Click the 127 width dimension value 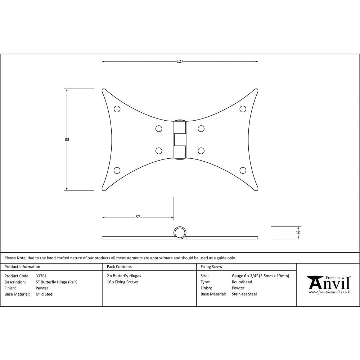point(180,62)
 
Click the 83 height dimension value point(67,139)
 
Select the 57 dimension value point(138,217)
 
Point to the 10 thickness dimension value point(298,233)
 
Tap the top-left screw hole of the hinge point(117,109)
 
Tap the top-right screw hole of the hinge point(243,109)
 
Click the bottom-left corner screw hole point(117,170)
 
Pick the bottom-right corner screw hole point(243,170)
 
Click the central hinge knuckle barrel point(180,139)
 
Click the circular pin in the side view point(180,233)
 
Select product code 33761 point(41,276)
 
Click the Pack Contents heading point(119,267)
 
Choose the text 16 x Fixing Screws point(123,282)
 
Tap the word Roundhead point(242,282)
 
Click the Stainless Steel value point(244,294)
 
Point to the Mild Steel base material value point(45,294)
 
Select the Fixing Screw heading point(211,267)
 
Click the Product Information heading point(22,267)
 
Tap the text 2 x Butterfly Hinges point(124,276)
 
